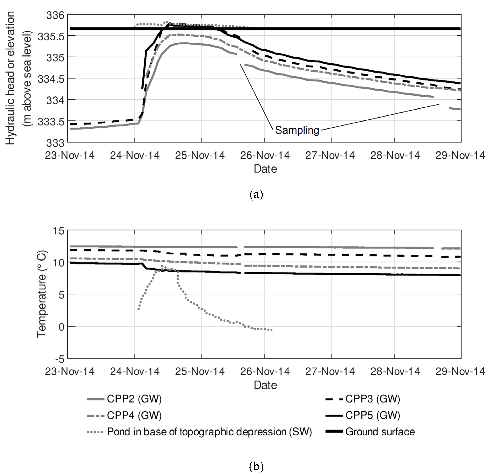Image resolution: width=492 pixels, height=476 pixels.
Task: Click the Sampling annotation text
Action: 297,130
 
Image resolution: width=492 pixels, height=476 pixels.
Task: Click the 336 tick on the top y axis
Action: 55,16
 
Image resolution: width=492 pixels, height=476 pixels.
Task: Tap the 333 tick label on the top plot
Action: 55,143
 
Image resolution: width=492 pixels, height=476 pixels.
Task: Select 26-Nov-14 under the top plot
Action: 265,155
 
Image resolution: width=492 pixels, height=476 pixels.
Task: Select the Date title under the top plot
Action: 265,169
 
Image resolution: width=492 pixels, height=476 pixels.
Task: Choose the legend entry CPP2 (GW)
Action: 134,399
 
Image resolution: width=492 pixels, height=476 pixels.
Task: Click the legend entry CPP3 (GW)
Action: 373,399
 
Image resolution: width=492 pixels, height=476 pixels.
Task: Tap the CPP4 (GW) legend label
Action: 134,415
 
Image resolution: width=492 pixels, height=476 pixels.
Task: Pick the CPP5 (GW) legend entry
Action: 373,415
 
